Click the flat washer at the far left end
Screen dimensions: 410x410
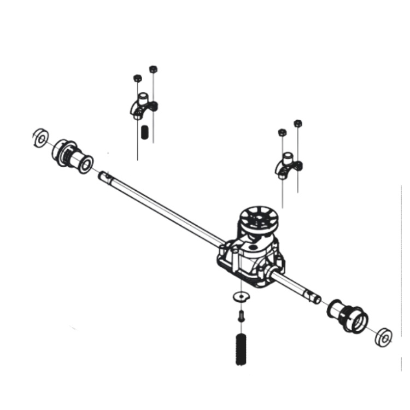tap(40, 138)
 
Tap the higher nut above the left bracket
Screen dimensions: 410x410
tap(153, 69)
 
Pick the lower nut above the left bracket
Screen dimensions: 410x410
tap(137, 78)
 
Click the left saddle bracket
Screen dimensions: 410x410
tap(144, 106)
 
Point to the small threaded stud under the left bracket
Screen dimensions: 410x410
tap(145, 132)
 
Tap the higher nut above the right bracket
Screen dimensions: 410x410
tap(298, 124)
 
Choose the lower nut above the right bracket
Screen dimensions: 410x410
tap(282, 133)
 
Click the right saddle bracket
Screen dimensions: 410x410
tap(289, 166)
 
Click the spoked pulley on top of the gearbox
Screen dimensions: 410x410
tap(259, 218)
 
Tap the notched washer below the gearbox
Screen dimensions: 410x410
tap(240, 296)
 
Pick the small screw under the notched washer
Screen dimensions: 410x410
tap(241, 315)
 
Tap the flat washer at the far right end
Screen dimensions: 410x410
tap(384, 337)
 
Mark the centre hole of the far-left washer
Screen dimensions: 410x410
tap(40, 138)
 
